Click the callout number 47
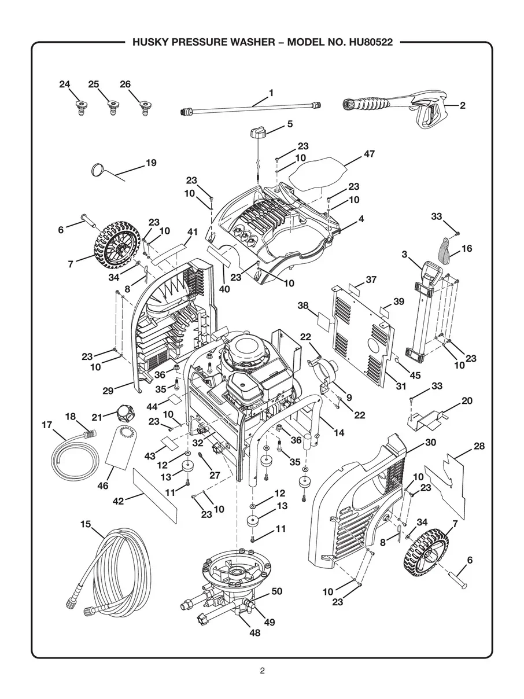coord(369,154)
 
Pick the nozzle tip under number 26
coord(142,107)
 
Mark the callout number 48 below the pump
coord(254,633)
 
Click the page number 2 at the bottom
coord(262,671)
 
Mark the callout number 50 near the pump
coord(276,591)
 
